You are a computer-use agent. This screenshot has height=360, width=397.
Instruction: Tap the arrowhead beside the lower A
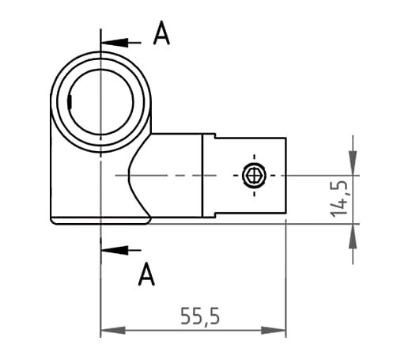[112, 249]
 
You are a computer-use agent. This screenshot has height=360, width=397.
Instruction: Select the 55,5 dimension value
[199, 316]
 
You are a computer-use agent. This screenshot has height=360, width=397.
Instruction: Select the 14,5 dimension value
[340, 198]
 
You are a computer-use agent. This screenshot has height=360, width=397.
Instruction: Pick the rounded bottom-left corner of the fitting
[55, 222]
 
